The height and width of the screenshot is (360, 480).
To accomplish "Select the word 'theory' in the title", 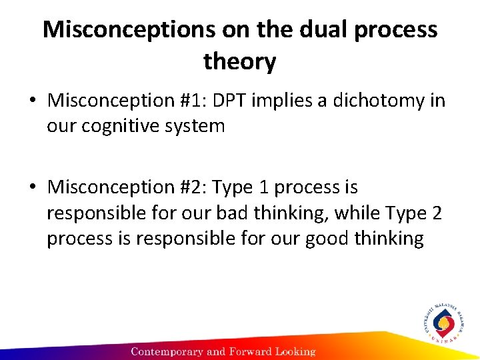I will tap(239, 62).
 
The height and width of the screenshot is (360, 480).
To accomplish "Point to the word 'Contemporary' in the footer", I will tap(167, 351).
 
